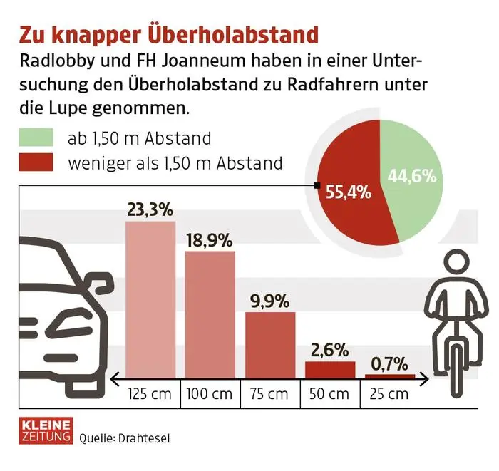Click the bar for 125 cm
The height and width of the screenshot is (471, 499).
[x=150, y=299]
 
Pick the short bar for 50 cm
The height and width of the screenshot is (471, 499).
[x=329, y=370]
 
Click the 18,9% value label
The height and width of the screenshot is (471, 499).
[x=210, y=240]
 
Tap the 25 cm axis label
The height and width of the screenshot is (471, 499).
[x=389, y=394]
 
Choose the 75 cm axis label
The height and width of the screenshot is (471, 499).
[x=269, y=394]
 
